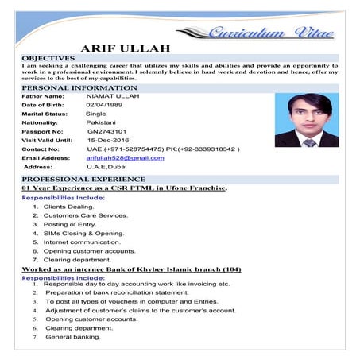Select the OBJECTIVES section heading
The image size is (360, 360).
pos(48,58)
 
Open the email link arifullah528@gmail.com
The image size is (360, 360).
pos(125,157)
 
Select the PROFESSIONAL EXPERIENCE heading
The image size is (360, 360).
pos(72,180)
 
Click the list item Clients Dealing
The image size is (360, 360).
pos(69,206)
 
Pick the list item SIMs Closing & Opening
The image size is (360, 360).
pos(83,233)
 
